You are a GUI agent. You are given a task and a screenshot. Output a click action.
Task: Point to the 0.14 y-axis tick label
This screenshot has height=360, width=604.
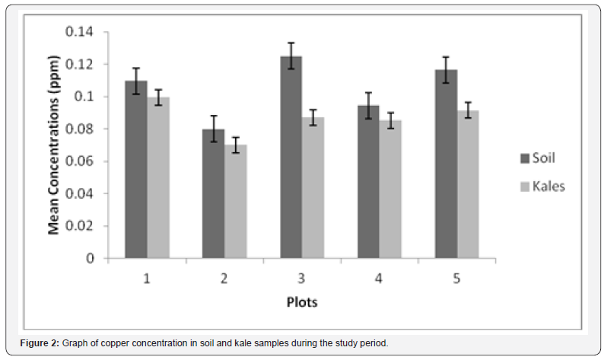pyautogui.click(x=80, y=32)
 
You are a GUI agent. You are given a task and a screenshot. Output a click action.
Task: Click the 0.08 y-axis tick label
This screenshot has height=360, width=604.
pyautogui.click(x=80, y=129)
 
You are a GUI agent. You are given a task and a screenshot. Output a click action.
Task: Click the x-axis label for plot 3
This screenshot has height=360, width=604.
pyautogui.click(x=302, y=279)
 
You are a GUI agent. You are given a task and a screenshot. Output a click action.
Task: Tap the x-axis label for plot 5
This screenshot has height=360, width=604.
pyautogui.click(x=457, y=279)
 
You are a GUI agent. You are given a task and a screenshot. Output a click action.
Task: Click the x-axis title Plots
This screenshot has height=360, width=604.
pyautogui.click(x=302, y=302)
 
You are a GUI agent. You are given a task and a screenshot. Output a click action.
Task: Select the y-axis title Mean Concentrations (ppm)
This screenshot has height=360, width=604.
pyautogui.click(x=55, y=145)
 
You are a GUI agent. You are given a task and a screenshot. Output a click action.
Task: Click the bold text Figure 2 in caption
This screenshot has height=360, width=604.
pyautogui.click(x=39, y=343)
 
